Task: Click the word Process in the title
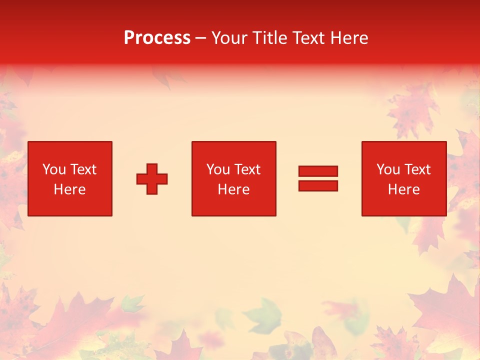[157, 38]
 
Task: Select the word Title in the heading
[271, 38]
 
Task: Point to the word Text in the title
[311, 38]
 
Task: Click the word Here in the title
[350, 38]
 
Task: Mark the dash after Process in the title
[201, 38]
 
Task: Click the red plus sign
[152, 179]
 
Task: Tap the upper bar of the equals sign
[318, 171]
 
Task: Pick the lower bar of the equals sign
[318, 185]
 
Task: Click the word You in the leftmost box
[54, 169]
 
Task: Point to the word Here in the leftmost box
[69, 189]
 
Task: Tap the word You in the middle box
[218, 169]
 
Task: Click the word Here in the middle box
[233, 189]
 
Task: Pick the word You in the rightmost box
[388, 169]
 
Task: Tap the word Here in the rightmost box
[403, 189]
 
